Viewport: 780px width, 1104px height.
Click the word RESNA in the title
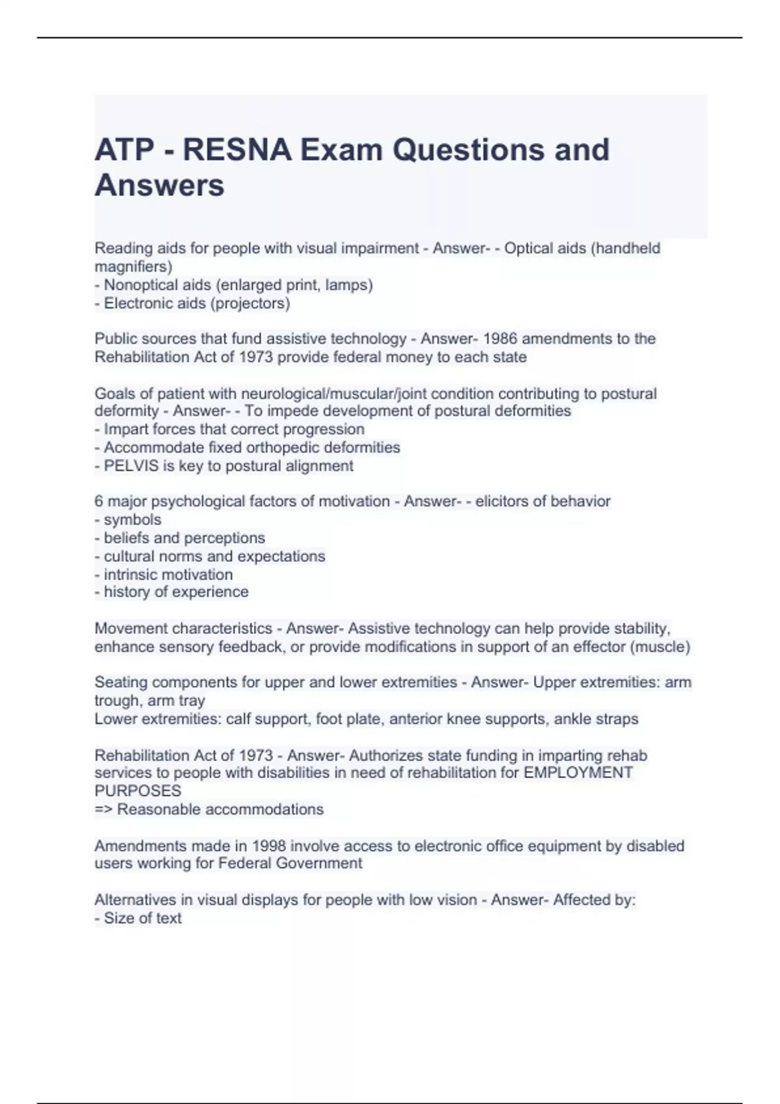pyautogui.click(x=237, y=150)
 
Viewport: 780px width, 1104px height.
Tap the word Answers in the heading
pyautogui.click(x=159, y=185)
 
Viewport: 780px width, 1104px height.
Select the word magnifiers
pyautogui.click(x=132, y=266)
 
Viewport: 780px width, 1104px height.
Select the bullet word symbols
pyautogui.click(x=133, y=520)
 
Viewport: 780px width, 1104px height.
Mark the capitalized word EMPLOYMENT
pyautogui.click(x=578, y=773)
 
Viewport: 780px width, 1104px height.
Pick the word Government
pyautogui.click(x=319, y=863)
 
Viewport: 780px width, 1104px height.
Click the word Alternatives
pyautogui.click(x=135, y=900)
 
